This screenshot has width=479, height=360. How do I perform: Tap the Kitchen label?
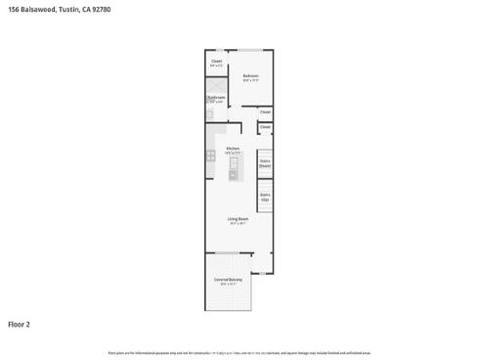[x=233, y=149]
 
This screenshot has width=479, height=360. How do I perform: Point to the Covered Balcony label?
[x=229, y=281]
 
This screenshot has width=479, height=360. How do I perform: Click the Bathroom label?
[x=216, y=97]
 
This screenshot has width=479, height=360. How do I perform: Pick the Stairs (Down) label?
[x=264, y=164]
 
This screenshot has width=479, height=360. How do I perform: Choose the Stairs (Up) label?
[x=264, y=196]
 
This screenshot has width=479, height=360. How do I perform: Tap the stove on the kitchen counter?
[x=211, y=155]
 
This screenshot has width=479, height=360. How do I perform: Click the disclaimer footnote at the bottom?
[x=239, y=352]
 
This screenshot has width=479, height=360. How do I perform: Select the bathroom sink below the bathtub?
[x=209, y=114]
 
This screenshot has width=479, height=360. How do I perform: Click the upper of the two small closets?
[x=264, y=112]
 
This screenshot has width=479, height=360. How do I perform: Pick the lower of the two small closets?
[x=264, y=128]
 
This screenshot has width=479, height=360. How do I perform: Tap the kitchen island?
[x=234, y=168]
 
